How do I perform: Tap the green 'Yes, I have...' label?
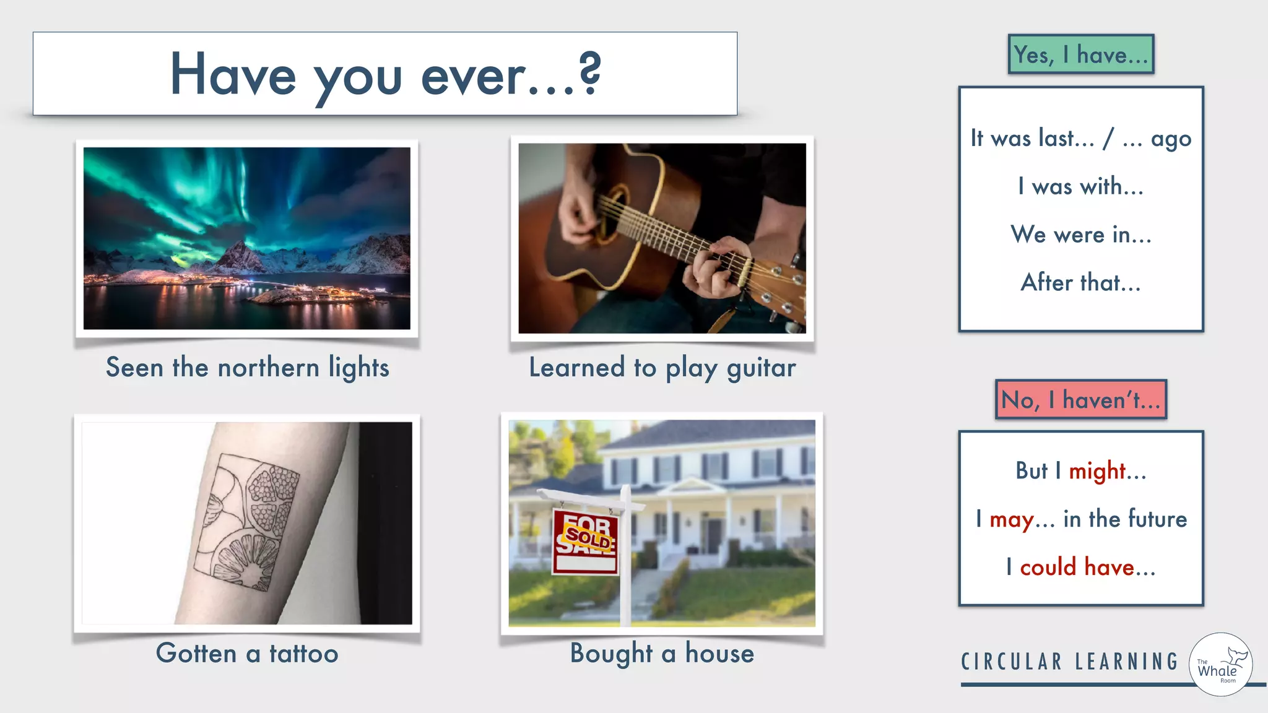pos(1080,54)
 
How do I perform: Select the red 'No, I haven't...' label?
pos(1080,400)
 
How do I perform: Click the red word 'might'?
pos(1097,472)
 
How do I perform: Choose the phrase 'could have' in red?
pos(1077,567)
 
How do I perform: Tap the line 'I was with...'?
pos(1080,186)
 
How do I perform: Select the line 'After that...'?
pos(1080,283)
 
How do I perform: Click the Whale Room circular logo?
pos(1220,664)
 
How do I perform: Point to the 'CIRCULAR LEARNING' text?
pos(1069,662)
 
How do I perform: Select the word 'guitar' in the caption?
pos(761,368)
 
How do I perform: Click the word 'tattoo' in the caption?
pos(303,654)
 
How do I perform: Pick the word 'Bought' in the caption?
pos(611,654)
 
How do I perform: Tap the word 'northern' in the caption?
pos(268,368)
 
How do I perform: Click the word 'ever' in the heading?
pos(473,76)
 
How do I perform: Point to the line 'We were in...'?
pos(1080,235)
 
